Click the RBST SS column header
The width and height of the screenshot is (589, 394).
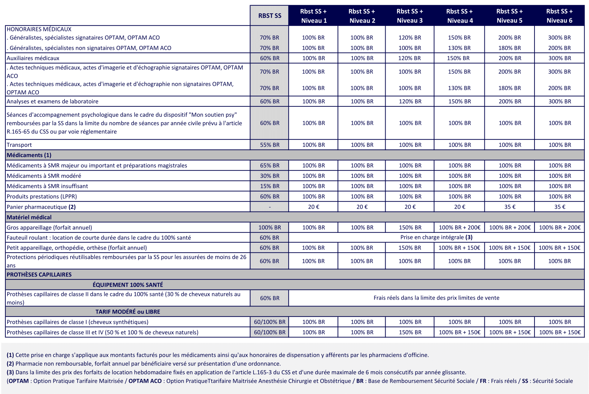269,16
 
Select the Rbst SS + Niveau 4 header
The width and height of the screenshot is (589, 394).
460,16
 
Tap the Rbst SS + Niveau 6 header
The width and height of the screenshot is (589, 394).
559,16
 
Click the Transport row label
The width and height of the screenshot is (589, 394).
19,145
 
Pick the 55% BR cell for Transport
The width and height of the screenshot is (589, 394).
269,145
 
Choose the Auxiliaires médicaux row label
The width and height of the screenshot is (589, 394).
33,58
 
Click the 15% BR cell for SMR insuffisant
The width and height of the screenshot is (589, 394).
269,186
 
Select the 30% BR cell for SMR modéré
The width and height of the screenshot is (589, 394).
269,176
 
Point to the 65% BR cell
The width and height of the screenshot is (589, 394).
269,165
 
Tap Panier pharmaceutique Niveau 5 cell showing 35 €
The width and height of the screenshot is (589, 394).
509,207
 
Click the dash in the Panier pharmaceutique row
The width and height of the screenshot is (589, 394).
269,207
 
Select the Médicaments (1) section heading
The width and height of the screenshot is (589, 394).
29,155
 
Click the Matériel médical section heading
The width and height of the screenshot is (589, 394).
29,217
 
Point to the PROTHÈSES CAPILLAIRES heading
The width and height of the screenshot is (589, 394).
39,274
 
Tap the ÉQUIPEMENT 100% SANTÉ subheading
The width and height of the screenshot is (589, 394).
128,285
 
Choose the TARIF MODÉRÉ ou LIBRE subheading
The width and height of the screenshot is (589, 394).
128,312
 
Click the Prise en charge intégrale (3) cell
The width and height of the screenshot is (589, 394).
436,237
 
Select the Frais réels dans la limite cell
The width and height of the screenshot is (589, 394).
436,298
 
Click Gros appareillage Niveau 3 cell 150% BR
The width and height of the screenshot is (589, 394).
410,227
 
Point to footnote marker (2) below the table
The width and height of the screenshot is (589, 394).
10,364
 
